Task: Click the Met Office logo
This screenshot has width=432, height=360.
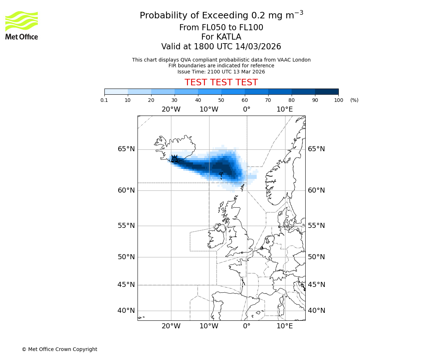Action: (x=22, y=25)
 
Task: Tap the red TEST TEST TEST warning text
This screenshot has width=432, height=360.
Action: (x=221, y=82)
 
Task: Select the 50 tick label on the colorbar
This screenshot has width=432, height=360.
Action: (x=221, y=100)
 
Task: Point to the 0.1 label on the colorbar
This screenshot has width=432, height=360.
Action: (x=104, y=100)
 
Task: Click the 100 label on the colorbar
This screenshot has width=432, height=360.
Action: (x=338, y=100)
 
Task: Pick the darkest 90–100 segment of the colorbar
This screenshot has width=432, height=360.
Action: (x=327, y=91)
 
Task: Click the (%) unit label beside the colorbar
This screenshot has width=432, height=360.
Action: (x=354, y=100)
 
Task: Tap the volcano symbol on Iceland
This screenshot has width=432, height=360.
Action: (x=175, y=159)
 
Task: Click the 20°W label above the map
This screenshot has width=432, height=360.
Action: (x=171, y=109)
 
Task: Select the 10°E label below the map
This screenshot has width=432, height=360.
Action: (x=284, y=326)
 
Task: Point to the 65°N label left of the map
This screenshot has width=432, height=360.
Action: (x=126, y=149)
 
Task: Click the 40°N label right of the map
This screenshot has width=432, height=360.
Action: (x=316, y=311)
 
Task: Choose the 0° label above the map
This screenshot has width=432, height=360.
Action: (x=247, y=109)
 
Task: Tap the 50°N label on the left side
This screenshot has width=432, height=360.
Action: (x=126, y=257)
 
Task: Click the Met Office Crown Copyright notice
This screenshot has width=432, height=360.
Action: (x=59, y=349)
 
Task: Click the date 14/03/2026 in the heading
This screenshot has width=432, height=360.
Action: (x=258, y=47)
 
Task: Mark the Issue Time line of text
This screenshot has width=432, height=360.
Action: (x=221, y=72)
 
